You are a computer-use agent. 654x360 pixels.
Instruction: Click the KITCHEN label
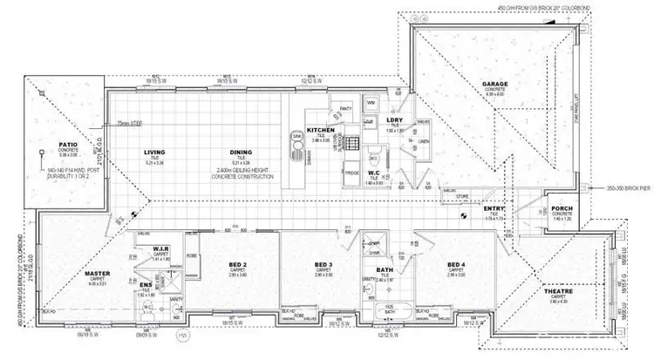click(x=320, y=129)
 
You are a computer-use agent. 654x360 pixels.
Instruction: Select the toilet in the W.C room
click(x=372, y=160)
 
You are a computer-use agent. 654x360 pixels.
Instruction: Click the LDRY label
click(x=393, y=120)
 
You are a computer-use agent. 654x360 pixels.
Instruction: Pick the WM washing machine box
click(x=370, y=103)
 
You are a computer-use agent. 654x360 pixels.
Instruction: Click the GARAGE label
click(x=495, y=85)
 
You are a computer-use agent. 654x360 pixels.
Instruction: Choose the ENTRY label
click(x=494, y=209)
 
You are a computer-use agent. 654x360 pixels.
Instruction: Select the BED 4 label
click(x=455, y=264)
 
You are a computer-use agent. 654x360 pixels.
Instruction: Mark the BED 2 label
click(x=239, y=264)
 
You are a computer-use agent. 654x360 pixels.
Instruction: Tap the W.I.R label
click(x=158, y=248)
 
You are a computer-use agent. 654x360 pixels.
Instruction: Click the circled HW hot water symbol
click(x=181, y=336)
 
